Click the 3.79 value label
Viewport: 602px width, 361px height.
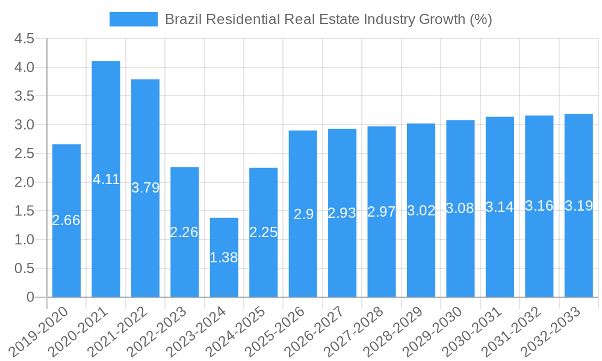coord(146,188)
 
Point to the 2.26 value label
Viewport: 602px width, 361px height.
coord(184,232)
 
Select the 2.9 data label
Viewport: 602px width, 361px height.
coord(303,214)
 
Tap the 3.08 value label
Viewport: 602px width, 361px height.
coord(461,209)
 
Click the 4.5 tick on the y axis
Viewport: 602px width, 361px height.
coord(23,39)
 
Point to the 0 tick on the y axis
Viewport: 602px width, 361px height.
coord(31,297)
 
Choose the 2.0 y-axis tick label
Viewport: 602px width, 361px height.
coord(23,182)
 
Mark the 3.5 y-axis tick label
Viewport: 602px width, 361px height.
coord(23,96)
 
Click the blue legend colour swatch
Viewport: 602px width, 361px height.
coord(133,19)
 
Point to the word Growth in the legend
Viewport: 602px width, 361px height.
coord(441,19)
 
